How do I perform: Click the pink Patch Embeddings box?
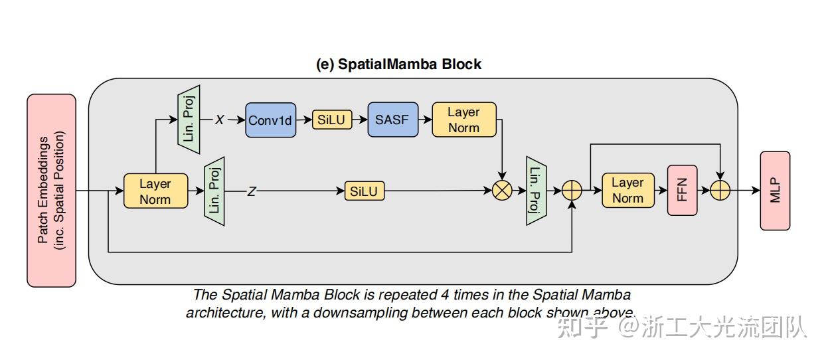51,191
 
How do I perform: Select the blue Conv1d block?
270,120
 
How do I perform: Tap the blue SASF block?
393,120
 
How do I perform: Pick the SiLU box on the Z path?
364,191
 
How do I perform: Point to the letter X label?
219,120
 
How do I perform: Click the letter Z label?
252,191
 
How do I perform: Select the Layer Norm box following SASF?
463,120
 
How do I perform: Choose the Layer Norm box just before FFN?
627,191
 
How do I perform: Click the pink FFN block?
682,191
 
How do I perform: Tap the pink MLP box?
775,191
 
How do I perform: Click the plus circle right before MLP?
720,191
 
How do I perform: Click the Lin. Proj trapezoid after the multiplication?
536,191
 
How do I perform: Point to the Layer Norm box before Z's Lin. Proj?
155,191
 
